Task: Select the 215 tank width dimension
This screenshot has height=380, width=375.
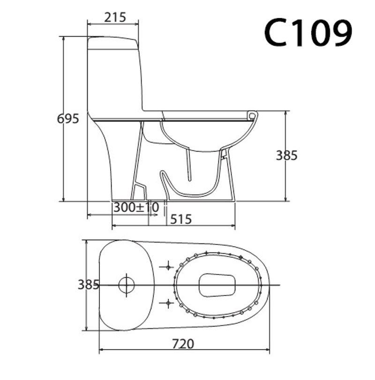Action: click(115, 17)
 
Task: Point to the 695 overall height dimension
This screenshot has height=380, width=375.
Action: click(68, 119)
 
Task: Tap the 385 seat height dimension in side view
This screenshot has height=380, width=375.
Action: click(286, 155)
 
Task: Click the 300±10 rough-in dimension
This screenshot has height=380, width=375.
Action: click(135, 207)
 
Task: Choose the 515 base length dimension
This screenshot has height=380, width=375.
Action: click(180, 219)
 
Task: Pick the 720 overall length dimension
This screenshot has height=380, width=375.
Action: click(182, 344)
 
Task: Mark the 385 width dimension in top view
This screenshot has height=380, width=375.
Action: click(88, 284)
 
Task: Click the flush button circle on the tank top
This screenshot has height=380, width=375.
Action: click(126, 285)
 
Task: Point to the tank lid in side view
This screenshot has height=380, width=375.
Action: click(113, 43)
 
